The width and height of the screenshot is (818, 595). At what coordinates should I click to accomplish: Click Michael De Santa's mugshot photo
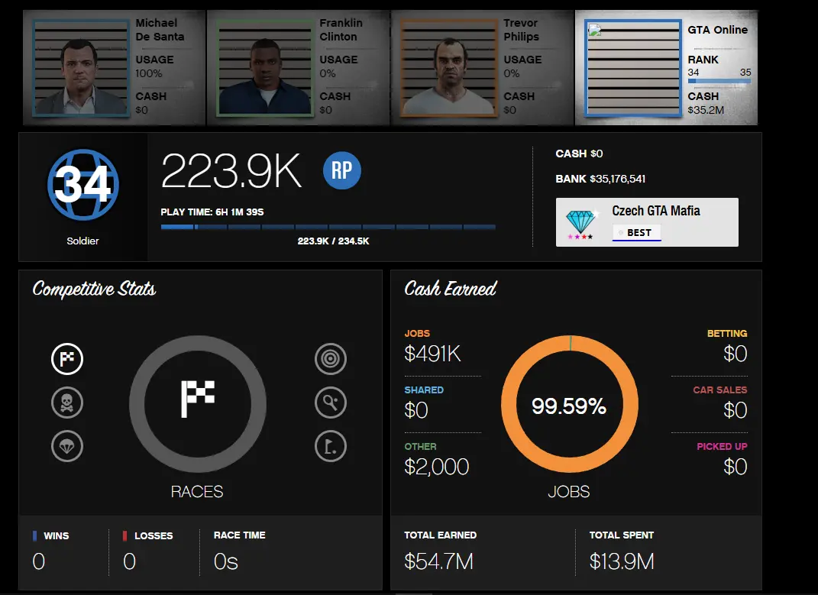pos(81,69)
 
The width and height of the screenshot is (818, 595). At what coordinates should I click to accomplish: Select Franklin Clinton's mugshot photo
pos(264,69)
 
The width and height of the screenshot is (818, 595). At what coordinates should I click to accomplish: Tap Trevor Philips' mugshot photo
pos(448,69)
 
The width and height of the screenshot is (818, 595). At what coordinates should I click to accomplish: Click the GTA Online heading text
pos(717,30)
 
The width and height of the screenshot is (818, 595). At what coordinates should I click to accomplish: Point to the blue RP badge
pos(341,170)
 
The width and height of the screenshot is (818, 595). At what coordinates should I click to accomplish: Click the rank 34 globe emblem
pos(82,184)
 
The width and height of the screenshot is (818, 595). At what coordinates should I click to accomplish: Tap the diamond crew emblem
pos(580,222)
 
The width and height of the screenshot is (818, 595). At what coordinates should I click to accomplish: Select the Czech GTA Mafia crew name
pos(655,211)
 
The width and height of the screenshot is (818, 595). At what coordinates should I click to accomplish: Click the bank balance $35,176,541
pos(618,179)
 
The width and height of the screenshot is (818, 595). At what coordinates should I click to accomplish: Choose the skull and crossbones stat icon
pos(67,403)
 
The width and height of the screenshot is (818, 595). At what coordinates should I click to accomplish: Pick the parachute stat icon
pos(67,446)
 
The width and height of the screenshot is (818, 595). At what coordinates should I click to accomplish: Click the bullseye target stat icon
pos(330,359)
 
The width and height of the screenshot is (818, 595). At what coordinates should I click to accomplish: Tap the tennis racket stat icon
pos(330,403)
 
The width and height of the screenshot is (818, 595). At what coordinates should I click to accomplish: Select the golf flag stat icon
pos(330,446)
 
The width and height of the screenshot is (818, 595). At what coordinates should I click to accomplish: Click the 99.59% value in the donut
pos(569,406)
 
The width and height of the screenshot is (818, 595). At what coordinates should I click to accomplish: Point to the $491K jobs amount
pos(433,354)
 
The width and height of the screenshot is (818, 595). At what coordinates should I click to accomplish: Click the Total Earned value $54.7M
pos(438,561)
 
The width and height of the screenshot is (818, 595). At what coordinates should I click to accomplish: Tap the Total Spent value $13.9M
pos(622,561)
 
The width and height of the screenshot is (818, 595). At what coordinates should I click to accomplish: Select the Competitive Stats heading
pos(94,289)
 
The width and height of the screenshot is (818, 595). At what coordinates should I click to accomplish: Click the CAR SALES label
pos(719,390)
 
